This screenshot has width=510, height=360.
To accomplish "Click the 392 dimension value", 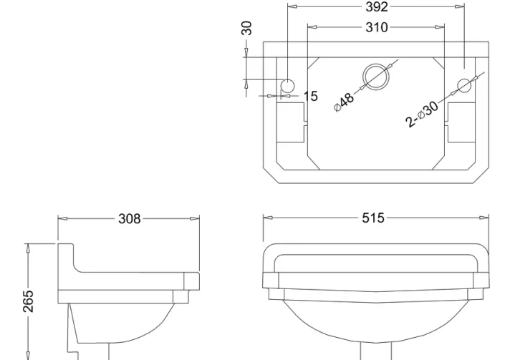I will coord(376,7).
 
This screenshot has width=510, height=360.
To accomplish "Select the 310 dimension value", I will coord(376,27).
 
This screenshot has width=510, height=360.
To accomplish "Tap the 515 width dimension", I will coord(373,218).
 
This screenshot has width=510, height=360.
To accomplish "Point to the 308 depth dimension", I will coord(130,218).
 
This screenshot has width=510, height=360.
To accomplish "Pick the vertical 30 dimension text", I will coord(246,29).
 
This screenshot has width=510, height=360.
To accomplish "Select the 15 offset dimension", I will coord(310,95).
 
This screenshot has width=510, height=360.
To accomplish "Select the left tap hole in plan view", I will coord(287,85).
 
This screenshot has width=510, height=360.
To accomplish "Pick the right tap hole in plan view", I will coord(464,85).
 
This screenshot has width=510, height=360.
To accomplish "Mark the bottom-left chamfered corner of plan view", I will coord(269,175).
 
